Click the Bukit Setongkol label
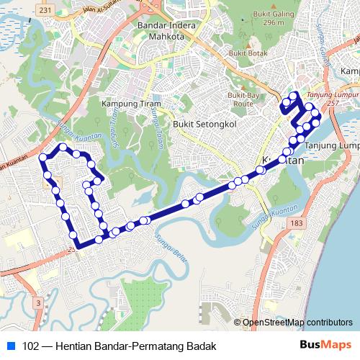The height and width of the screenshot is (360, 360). [x=204, y=124]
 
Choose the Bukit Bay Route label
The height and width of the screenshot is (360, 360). [x=243, y=99]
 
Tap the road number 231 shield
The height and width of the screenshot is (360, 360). [x=45, y=10]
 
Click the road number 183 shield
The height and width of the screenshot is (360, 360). [x=296, y=225]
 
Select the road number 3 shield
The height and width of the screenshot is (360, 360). [x=36, y=304]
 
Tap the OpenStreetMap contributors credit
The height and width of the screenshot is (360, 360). [x=297, y=322]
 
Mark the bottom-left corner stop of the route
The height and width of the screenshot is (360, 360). [x=76, y=246]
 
